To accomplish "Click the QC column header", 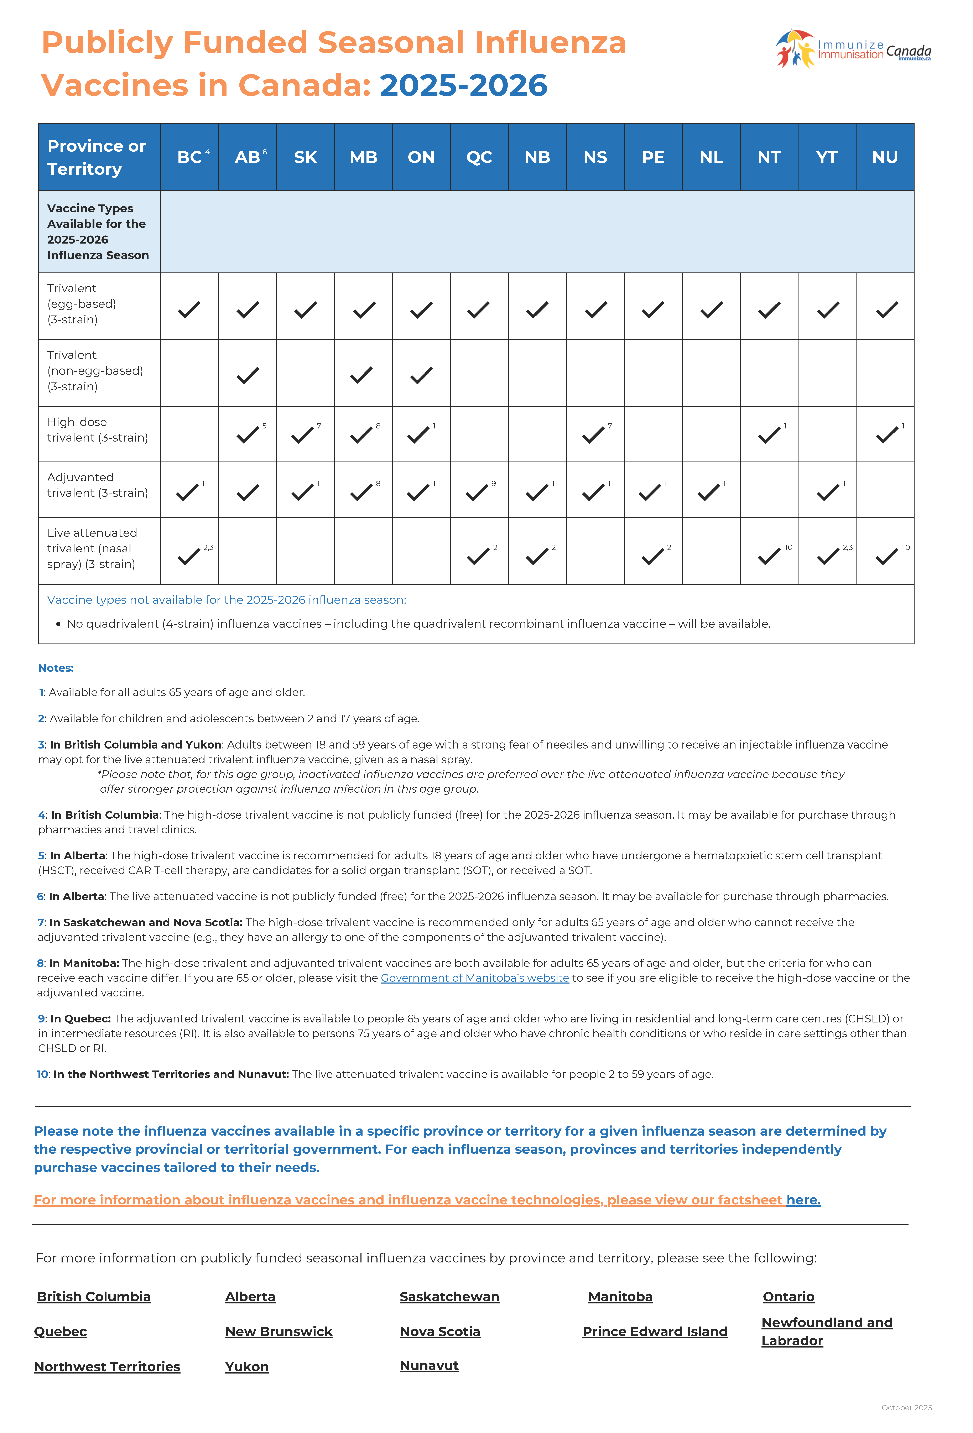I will [x=479, y=157].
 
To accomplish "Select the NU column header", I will [x=885, y=157].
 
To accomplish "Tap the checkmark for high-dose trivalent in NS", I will [x=593, y=435].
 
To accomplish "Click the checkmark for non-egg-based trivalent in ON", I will [x=421, y=375].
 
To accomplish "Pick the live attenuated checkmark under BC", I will [x=189, y=556].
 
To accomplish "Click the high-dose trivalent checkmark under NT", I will [x=769, y=435].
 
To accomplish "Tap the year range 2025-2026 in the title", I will [x=463, y=85].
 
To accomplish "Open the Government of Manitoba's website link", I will [x=475, y=978].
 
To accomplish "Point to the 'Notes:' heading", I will [x=56, y=668].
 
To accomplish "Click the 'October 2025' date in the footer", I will [x=906, y=1408].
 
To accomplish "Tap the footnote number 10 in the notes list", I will [x=42, y=1074].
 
